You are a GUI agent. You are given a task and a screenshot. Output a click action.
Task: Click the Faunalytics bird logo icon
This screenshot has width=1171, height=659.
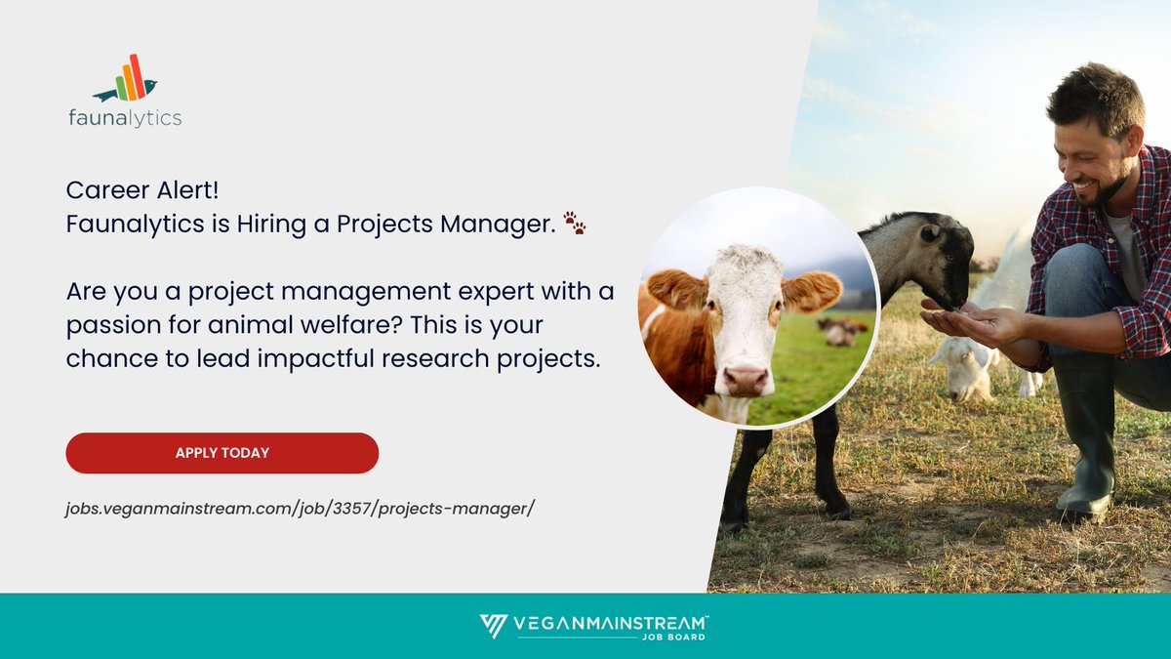click(x=126, y=80)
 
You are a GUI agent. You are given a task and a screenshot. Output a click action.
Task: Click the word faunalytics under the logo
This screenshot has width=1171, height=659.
click(x=125, y=118)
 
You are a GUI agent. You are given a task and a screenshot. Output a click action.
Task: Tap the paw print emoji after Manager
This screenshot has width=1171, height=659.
click(x=576, y=226)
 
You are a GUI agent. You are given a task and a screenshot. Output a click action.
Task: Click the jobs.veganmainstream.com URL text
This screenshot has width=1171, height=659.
click(x=300, y=509)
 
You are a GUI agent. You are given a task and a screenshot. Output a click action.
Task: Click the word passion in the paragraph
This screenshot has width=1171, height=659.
click(x=111, y=322)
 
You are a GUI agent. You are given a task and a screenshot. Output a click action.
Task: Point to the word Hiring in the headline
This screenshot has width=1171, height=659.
click(x=271, y=225)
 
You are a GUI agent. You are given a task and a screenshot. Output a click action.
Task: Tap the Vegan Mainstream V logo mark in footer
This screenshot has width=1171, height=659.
click(x=493, y=626)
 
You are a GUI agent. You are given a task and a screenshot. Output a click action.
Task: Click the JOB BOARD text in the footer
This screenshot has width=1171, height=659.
click(x=682, y=637)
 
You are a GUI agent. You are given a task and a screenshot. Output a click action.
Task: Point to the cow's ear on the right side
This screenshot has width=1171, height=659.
click(x=813, y=292)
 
